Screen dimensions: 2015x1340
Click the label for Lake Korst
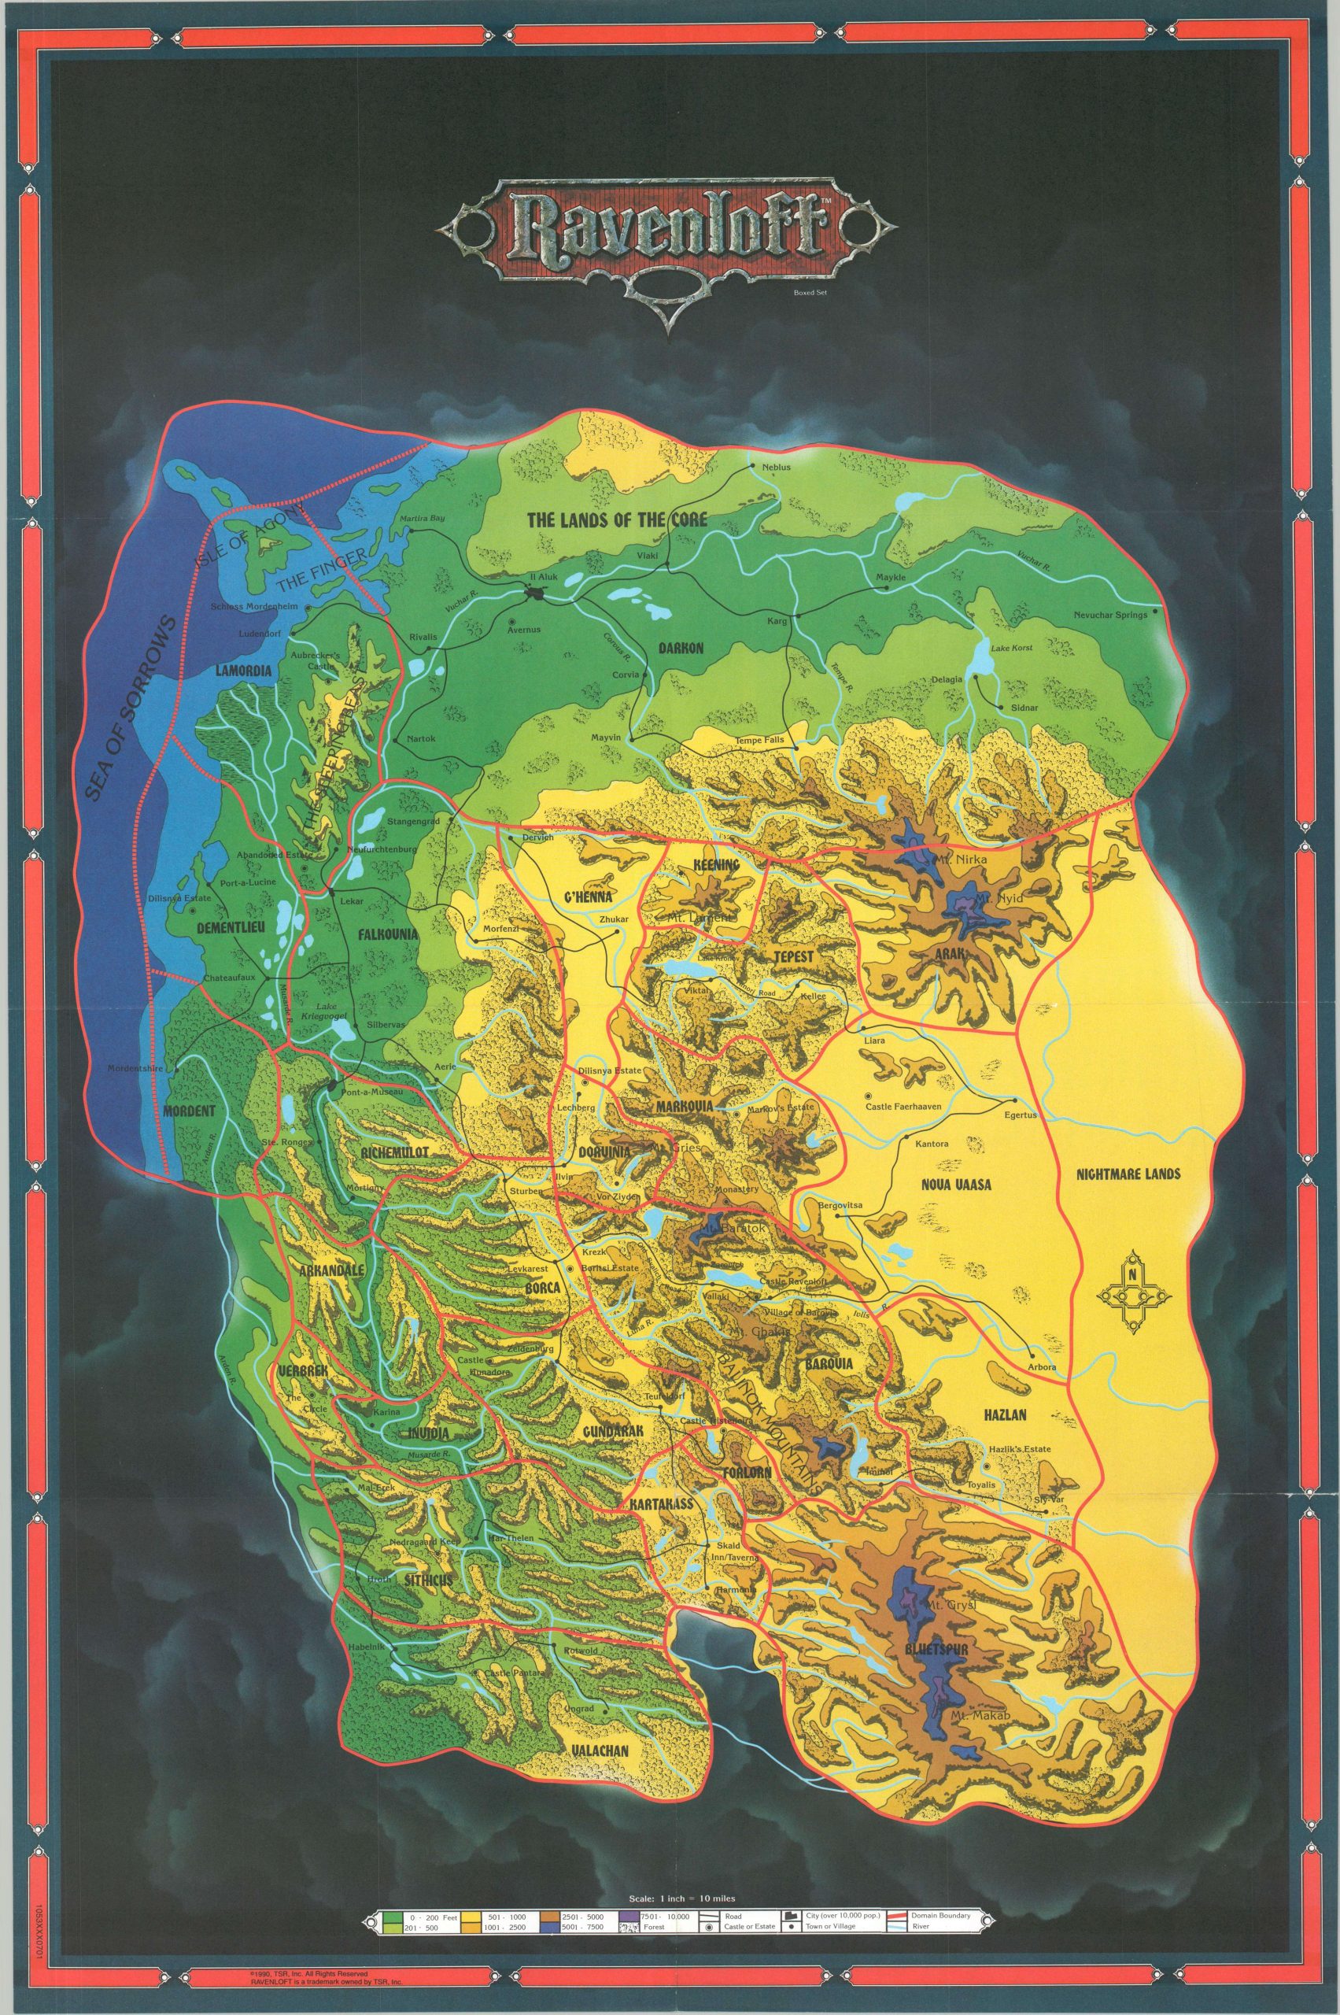pos(1012,649)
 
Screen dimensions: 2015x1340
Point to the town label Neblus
pos(759,468)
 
